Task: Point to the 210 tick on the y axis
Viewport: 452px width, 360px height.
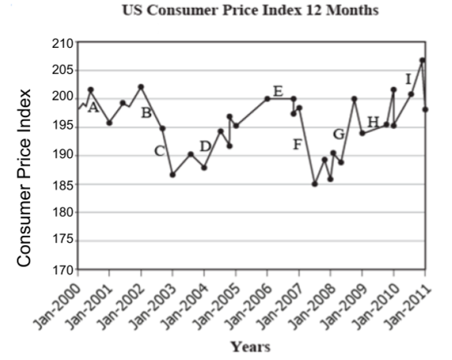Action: tap(63, 42)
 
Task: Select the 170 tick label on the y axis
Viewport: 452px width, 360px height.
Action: tap(63, 270)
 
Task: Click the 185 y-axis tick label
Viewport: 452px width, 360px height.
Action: tap(63, 185)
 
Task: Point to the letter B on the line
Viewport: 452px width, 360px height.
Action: tap(146, 112)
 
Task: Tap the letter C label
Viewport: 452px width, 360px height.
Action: tap(159, 150)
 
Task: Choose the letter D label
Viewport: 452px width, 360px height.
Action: tap(205, 145)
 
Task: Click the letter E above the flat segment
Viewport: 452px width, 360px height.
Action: tap(277, 90)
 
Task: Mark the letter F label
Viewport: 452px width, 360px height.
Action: tap(297, 144)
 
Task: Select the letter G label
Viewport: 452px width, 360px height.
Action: tap(339, 134)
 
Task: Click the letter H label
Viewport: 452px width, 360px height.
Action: tap(373, 121)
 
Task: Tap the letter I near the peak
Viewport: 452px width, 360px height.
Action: tap(408, 79)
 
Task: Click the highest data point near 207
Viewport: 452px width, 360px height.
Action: tap(422, 60)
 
